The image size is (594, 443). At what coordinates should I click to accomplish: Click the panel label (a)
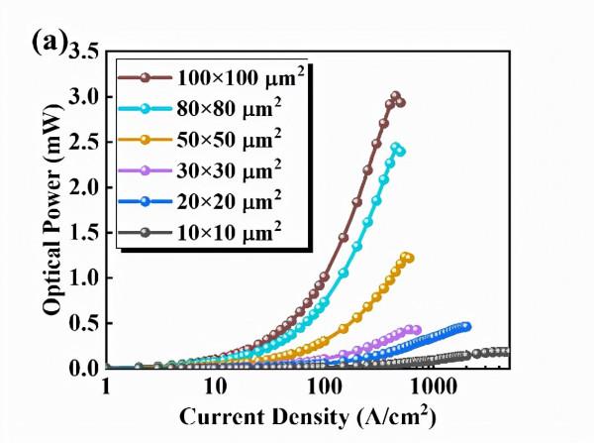(49, 42)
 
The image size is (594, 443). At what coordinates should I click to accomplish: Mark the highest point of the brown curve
(395, 96)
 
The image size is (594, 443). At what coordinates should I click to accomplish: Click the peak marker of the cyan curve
(396, 148)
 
